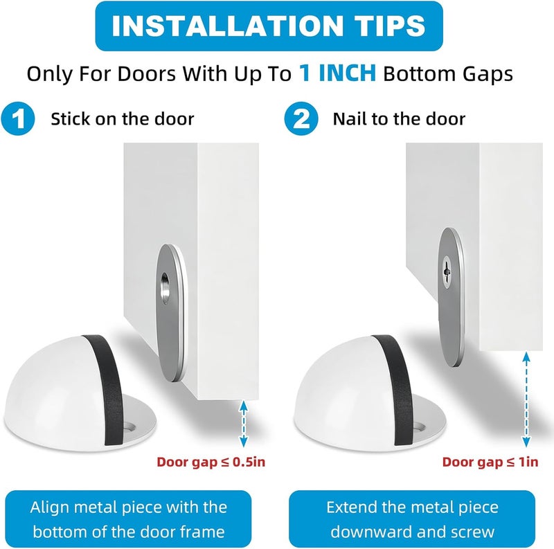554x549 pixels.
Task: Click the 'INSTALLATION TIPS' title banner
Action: (269, 26)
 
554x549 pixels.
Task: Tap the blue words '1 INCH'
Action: (338, 73)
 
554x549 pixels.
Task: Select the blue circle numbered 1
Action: (18, 118)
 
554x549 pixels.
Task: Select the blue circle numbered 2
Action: (301, 118)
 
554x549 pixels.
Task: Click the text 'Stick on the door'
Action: (123, 118)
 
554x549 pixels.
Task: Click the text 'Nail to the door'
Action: (399, 118)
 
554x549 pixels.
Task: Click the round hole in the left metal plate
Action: (166, 288)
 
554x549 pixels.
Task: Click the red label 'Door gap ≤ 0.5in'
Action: (211, 462)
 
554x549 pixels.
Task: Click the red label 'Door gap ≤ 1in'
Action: (490, 462)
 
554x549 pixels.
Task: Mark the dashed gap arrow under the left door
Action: (244, 424)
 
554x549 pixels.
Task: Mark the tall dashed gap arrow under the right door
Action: (526, 399)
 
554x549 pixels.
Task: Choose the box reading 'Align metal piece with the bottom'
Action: (128, 519)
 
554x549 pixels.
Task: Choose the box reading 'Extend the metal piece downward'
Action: (412, 519)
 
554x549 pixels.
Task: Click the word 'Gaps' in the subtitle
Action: (483, 74)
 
